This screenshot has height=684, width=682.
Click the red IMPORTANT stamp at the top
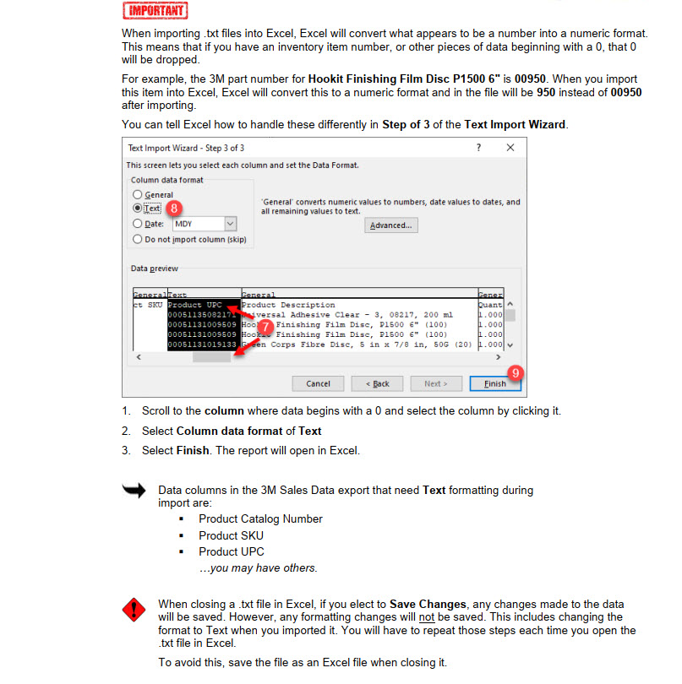155,11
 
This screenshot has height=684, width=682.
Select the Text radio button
138,208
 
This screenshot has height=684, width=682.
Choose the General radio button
138,194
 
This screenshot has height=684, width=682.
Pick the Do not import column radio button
138,239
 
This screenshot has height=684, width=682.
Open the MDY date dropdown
230,224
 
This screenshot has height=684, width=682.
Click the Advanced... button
391,225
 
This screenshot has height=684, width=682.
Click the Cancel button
318,383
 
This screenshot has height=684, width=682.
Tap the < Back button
377,383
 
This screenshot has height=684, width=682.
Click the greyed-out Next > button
435,383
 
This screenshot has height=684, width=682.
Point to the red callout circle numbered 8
174,208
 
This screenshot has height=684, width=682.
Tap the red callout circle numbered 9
515,372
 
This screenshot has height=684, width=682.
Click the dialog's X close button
510,147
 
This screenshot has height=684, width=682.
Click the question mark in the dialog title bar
478,147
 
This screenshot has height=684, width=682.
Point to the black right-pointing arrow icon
134,491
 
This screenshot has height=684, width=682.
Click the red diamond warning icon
134,610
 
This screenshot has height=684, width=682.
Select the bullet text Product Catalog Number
260,518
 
